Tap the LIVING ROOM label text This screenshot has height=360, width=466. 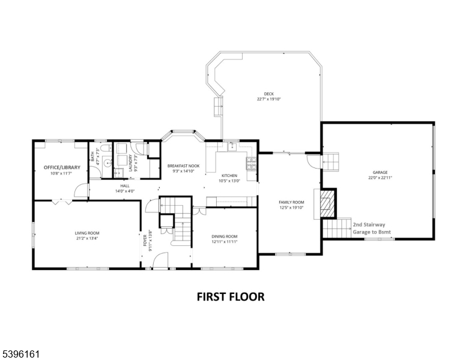(x=86, y=233)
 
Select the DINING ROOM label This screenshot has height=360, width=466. (x=224, y=236)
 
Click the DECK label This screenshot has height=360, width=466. (x=268, y=94)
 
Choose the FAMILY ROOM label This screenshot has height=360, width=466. (x=291, y=202)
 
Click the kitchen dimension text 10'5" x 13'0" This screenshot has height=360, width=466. (x=229, y=181)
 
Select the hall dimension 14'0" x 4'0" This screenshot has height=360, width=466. (x=124, y=191)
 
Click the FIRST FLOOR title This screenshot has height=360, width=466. (x=231, y=296)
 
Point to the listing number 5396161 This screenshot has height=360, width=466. (x=21, y=354)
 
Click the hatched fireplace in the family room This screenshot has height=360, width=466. (x=326, y=204)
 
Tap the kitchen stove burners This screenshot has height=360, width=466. (x=250, y=162)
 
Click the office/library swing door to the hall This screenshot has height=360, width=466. (x=79, y=191)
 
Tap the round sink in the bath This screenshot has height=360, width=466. (x=107, y=163)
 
